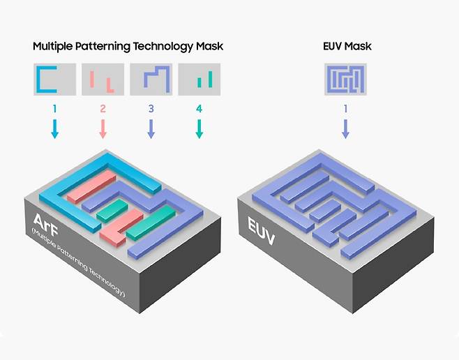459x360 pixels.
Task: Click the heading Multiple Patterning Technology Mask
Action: [128, 47]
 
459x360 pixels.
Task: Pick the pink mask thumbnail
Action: [103, 80]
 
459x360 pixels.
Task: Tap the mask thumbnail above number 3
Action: [151, 80]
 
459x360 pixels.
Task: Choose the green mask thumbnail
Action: [199, 80]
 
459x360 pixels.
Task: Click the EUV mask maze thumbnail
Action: [345, 80]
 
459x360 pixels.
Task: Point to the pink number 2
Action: [103, 109]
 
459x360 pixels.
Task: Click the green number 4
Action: [199, 109]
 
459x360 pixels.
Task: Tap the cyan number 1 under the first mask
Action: [55, 109]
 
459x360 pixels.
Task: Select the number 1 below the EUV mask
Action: [345, 109]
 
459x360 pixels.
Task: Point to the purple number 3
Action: [151, 109]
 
